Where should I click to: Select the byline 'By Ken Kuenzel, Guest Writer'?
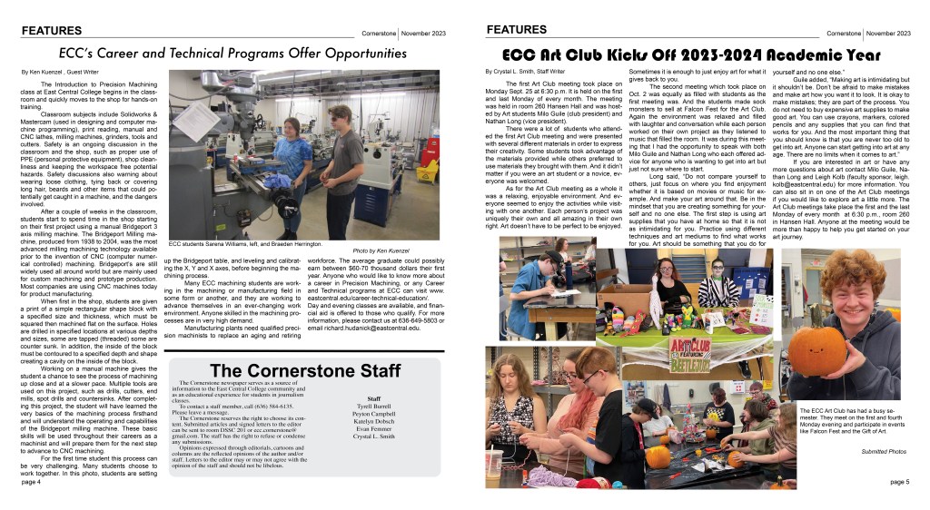pyautogui.click(x=60, y=71)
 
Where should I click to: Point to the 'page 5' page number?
pyautogui.click(x=899, y=482)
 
